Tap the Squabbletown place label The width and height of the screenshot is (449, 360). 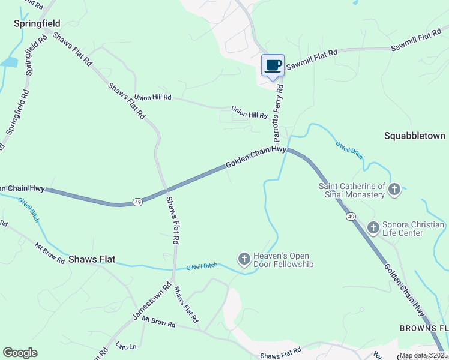(x=415, y=136)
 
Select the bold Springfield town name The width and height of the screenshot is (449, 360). (x=37, y=23)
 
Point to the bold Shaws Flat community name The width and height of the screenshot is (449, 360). (x=91, y=260)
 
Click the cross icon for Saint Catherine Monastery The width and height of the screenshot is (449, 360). (x=394, y=190)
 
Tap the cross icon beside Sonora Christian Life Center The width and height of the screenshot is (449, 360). (x=373, y=228)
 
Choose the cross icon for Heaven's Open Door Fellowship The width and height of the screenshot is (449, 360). (x=244, y=259)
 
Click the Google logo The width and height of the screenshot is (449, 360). (x=20, y=353)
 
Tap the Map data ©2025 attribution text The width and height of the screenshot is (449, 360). (x=423, y=355)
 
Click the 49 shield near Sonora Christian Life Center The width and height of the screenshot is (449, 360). (x=351, y=216)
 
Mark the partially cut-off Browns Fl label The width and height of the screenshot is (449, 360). (x=424, y=328)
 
